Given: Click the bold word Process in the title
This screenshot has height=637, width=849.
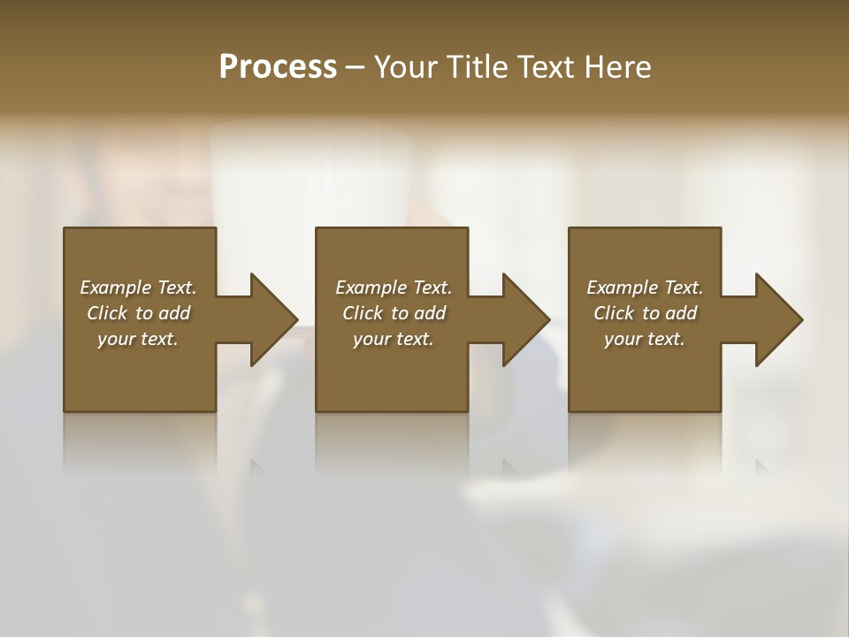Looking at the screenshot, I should [x=278, y=67].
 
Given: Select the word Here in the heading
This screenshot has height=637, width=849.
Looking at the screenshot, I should [x=618, y=67].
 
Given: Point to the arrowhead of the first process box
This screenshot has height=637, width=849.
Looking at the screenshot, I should [x=273, y=319].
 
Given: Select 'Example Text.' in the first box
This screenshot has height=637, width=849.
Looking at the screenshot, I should [x=138, y=288].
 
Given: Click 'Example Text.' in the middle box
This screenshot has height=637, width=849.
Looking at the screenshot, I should [x=393, y=288].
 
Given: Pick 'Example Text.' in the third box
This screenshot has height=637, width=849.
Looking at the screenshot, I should [x=645, y=288].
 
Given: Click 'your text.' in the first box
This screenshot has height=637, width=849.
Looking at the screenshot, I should [x=138, y=339].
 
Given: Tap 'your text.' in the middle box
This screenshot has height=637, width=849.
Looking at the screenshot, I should [x=393, y=339].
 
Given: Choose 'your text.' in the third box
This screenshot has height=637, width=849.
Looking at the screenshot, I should [x=645, y=339].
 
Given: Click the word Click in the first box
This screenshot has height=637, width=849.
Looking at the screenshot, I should [x=107, y=313].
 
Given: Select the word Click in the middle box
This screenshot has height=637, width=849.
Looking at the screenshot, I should [x=363, y=313].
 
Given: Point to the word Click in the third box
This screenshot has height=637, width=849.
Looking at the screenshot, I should [x=614, y=313].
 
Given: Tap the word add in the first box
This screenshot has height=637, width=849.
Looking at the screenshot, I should [x=174, y=313].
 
